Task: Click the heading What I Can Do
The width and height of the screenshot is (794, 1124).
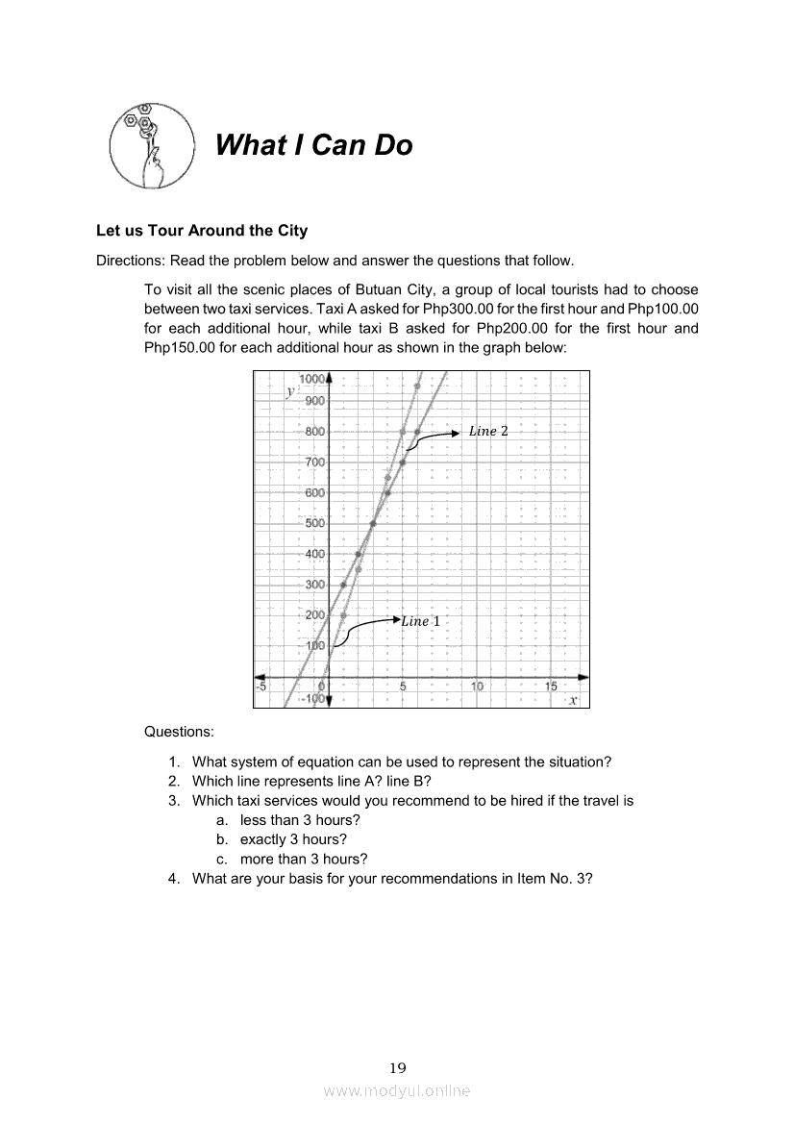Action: (x=314, y=145)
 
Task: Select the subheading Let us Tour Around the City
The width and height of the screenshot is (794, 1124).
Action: (x=202, y=231)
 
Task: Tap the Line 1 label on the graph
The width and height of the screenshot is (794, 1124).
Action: (x=420, y=621)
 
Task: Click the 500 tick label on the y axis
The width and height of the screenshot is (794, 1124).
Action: (x=314, y=523)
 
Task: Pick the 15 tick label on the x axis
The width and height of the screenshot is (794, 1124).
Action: (x=552, y=687)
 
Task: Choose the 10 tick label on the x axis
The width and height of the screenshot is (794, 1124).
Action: (x=477, y=687)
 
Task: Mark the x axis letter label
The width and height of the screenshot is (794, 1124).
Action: (x=573, y=701)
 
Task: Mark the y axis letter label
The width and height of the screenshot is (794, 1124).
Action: (x=289, y=391)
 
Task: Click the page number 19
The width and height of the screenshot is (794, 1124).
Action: (x=397, y=1067)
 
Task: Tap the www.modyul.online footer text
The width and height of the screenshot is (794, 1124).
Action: (x=397, y=1090)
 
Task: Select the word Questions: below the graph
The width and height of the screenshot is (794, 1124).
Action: (x=179, y=732)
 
